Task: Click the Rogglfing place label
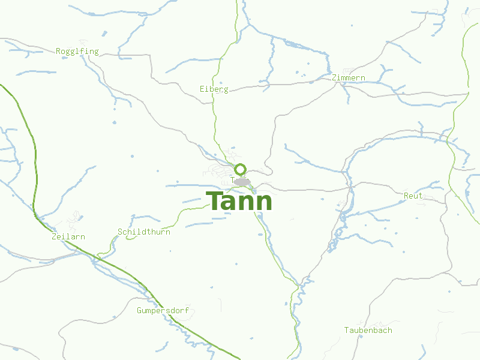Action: point(77,52)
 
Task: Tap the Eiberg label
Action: point(214,89)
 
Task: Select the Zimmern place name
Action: point(348,78)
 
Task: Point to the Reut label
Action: point(413,196)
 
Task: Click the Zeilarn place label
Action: point(68,237)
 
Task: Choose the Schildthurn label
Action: point(144,232)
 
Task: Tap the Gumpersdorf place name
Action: point(163,311)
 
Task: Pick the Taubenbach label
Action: point(368,331)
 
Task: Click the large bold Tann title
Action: point(239,202)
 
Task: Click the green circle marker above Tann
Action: point(241,169)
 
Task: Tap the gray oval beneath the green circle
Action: point(242,182)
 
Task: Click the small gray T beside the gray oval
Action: point(232,179)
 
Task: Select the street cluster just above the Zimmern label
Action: point(346,71)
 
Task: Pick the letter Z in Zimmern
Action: point(334,78)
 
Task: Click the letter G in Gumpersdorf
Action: point(139,311)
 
